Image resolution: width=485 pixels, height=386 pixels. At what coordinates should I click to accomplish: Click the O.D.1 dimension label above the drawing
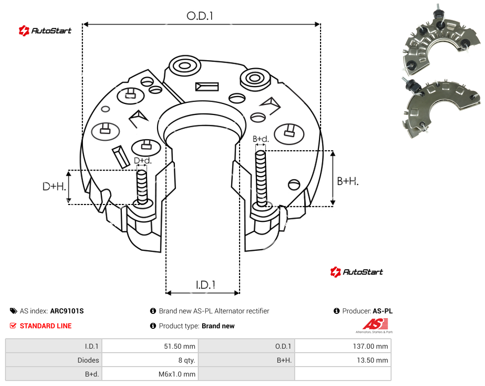pyautogui.click(x=200, y=16)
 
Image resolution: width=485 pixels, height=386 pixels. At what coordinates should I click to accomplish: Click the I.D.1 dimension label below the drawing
pyautogui.click(x=206, y=285)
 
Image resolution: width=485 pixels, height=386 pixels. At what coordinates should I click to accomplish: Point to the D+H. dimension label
pyautogui.click(x=54, y=187)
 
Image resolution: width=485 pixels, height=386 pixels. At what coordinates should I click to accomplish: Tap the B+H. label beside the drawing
pyautogui.click(x=348, y=181)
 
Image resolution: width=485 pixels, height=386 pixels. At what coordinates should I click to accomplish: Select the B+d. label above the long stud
pyautogui.click(x=261, y=139)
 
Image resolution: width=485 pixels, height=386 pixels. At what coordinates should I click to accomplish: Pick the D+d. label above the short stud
pyautogui.click(x=143, y=161)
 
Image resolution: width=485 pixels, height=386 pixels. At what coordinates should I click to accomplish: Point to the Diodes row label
pyautogui.click(x=88, y=360)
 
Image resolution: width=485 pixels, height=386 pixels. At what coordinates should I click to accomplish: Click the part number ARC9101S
pyautogui.click(x=67, y=311)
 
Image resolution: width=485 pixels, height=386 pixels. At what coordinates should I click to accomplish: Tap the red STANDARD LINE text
pyautogui.click(x=46, y=326)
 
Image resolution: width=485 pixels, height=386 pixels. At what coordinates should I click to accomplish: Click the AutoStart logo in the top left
pyautogui.click(x=45, y=31)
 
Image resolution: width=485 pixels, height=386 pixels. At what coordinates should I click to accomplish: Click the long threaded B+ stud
pyautogui.click(x=261, y=179)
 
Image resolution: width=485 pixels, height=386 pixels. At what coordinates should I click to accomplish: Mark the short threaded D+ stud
pyautogui.click(x=142, y=187)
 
